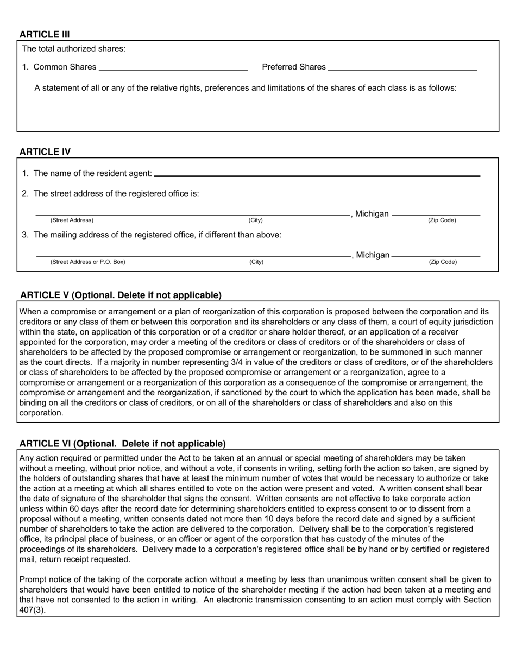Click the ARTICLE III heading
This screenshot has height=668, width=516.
tap(45, 34)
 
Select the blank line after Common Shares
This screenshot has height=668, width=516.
tap(173, 70)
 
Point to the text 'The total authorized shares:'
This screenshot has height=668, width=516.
tap(73, 49)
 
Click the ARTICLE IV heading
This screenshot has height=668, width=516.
tap(45, 152)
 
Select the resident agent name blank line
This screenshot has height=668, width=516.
tap(317, 175)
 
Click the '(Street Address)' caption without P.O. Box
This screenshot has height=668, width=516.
tap(72, 220)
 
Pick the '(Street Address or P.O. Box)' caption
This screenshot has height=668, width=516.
tap(87, 262)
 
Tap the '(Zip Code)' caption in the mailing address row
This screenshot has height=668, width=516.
tap(443, 262)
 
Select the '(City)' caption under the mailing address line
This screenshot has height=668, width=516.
tap(256, 262)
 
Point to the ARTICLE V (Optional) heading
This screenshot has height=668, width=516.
tap(121, 295)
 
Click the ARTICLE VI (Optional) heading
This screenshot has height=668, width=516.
tap(123, 443)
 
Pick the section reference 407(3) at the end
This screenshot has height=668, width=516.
tap(33, 609)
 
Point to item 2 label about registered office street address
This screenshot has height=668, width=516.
tap(110, 193)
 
